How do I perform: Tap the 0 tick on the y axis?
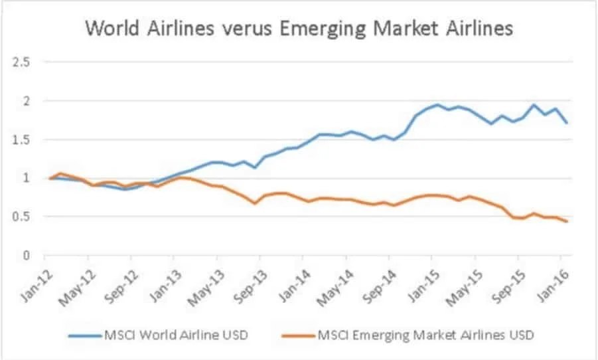click(x=27, y=255)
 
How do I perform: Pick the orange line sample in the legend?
click(x=296, y=335)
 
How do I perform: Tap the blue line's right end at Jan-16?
click(x=567, y=123)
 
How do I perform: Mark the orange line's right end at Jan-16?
click(x=567, y=221)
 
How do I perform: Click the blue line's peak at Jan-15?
click(x=437, y=104)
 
